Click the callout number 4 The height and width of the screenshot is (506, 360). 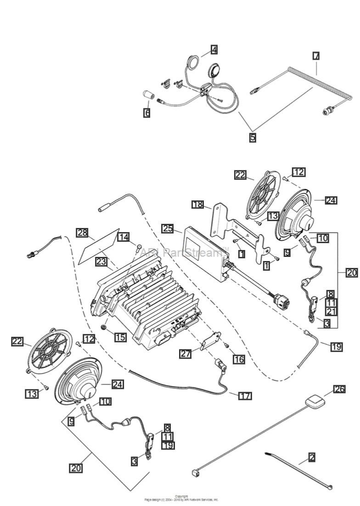(x=214, y=49)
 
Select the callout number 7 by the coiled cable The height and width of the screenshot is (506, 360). (x=316, y=56)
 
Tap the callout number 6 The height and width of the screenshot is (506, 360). (x=146, y=113)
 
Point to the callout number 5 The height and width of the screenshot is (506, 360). (x=253, y=137)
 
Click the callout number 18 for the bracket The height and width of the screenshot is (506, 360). (x=197, y=204)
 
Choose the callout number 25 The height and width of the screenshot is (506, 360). (x=167, y=228)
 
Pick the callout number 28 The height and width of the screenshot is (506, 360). (x=82, y=233)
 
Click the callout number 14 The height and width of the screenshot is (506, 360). (x=123, y=237)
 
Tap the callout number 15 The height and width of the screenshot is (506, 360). (x=120, y=337)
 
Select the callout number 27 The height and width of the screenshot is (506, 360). (x=185, y=353)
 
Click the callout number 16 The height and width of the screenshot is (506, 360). (x=238, y=359)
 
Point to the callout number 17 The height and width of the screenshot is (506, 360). (x=245, y=396)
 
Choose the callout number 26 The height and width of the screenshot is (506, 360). (x=339, y=390)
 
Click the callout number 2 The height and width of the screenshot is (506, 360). (x=312, y=457)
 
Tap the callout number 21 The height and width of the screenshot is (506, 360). (x=331, y=312)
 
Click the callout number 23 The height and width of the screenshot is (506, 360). (x=101, y=262)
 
